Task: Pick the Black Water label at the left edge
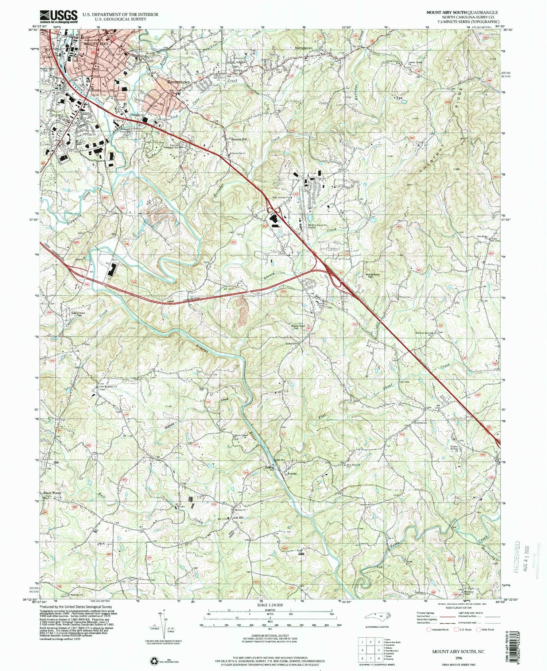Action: tap(53, 493)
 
